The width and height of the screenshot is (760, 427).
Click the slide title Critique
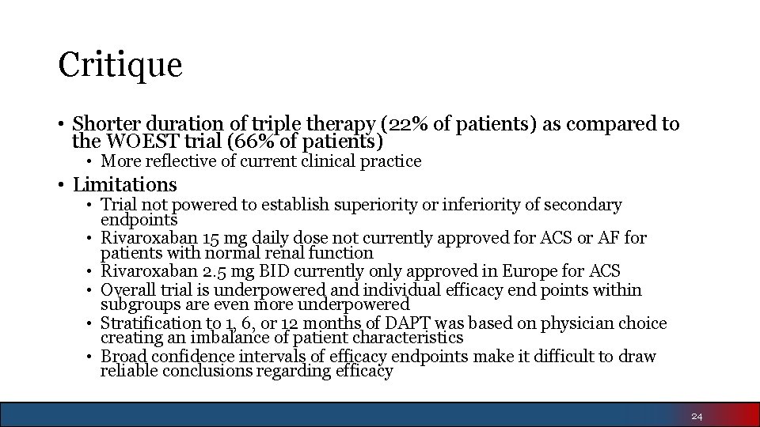click(x=120, y=64)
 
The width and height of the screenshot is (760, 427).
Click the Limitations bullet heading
click(x=124, y=185)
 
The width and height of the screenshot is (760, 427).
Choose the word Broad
click(x=123, y=357)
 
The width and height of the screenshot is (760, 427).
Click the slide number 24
click(x=697, y=416)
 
